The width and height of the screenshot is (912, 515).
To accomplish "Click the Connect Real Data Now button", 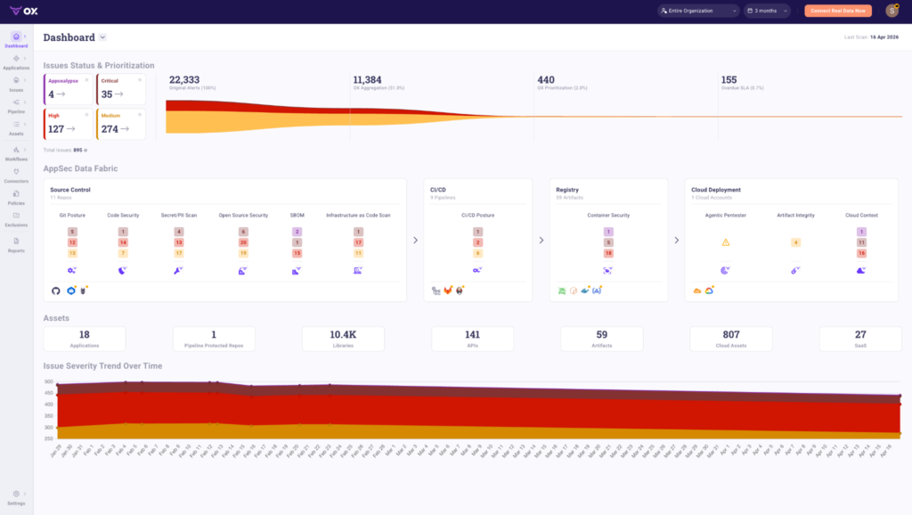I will pos(838,11).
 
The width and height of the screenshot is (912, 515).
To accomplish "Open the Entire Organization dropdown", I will pos(698,11).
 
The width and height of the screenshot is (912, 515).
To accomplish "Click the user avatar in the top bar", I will pos(892,11).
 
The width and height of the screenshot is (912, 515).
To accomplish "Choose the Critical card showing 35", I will pos(120,89).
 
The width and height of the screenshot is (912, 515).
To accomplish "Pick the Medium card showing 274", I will pos(120,124).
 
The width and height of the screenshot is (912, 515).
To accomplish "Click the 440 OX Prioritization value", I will pos(545,79).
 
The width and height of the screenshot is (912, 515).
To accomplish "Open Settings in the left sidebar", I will pos(16,497).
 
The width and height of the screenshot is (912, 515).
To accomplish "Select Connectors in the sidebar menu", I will pos(16,175).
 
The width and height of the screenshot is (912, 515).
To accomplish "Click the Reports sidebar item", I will pos(16,244).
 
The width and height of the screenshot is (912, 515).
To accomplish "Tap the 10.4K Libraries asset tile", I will pos(343,338).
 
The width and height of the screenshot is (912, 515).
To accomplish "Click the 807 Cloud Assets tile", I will pos(730,338).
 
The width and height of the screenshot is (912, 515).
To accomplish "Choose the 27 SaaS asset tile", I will pos(860,338).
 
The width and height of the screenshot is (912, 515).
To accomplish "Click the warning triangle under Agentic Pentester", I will pos(726,242).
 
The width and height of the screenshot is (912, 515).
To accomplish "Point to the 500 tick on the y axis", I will pos(48,381).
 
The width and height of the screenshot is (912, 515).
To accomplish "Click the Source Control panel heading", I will pos(69,190).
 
